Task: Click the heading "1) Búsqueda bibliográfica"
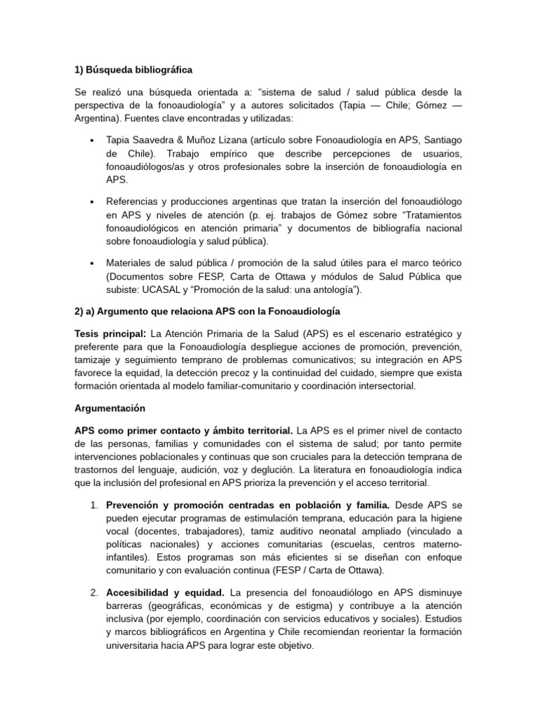[x=133, y=70]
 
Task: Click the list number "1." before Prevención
[x=93, y=505]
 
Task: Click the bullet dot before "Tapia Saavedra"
[x=94, y=140]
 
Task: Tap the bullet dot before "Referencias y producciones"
[x=94, y=201]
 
